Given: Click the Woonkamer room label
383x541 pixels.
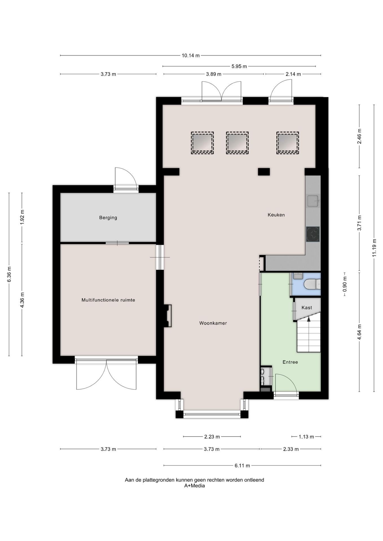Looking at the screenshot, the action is [x=213, y=323].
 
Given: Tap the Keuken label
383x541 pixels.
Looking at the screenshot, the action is [x=276, y=215].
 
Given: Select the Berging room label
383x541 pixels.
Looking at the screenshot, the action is [x=108, y=218].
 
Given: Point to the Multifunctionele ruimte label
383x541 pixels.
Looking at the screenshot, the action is [x=108, y=300].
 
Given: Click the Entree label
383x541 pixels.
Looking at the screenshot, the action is [x=290, y=362].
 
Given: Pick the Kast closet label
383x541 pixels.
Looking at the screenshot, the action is [x=307, y=307].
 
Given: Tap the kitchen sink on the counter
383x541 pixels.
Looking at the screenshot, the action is [x=313, y=201].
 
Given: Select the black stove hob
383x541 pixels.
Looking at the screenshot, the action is [x=313, y=234].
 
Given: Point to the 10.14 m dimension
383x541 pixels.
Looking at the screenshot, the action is [x=191, y=56].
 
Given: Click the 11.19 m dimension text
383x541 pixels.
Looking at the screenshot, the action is [x=374, y=248].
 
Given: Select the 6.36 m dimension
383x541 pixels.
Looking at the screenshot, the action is [x=9, y=274].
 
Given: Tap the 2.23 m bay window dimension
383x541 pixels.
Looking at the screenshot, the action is [x=212, y=437].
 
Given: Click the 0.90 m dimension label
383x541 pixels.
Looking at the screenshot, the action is [x=345, y=284].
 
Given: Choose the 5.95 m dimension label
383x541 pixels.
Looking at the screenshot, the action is [x=239, y=66].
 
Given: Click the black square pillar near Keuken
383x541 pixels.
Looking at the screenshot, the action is [x=264, y=172].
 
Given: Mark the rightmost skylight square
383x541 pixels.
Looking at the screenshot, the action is [x=287, y=143].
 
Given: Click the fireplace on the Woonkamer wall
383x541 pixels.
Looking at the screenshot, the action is [x=168, y=316].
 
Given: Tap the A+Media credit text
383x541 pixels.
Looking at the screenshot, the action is [x=195, y=485].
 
